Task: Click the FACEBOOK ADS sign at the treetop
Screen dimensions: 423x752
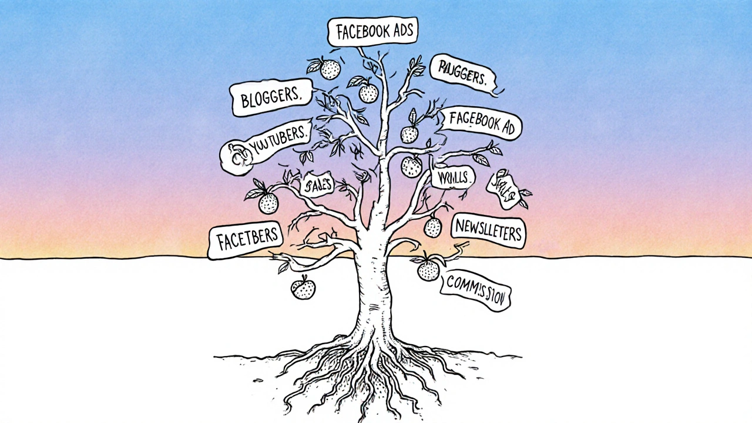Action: (372, 31)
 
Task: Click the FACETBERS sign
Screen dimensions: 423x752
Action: (246, 240)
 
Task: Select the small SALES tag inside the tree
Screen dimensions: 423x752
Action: (317, 184)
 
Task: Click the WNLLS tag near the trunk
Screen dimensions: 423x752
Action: (452, 177)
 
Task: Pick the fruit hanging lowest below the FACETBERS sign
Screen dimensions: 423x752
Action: (303, 288)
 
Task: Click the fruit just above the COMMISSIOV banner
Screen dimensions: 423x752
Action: (428, 270)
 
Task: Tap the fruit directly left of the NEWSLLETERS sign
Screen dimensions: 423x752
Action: (433, 226)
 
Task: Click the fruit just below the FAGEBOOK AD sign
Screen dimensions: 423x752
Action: (409, 134)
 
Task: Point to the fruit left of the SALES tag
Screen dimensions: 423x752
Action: (268, 203)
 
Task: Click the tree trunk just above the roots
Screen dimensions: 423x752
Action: (374, 317)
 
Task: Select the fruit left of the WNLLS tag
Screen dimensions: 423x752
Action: (411, 167)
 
